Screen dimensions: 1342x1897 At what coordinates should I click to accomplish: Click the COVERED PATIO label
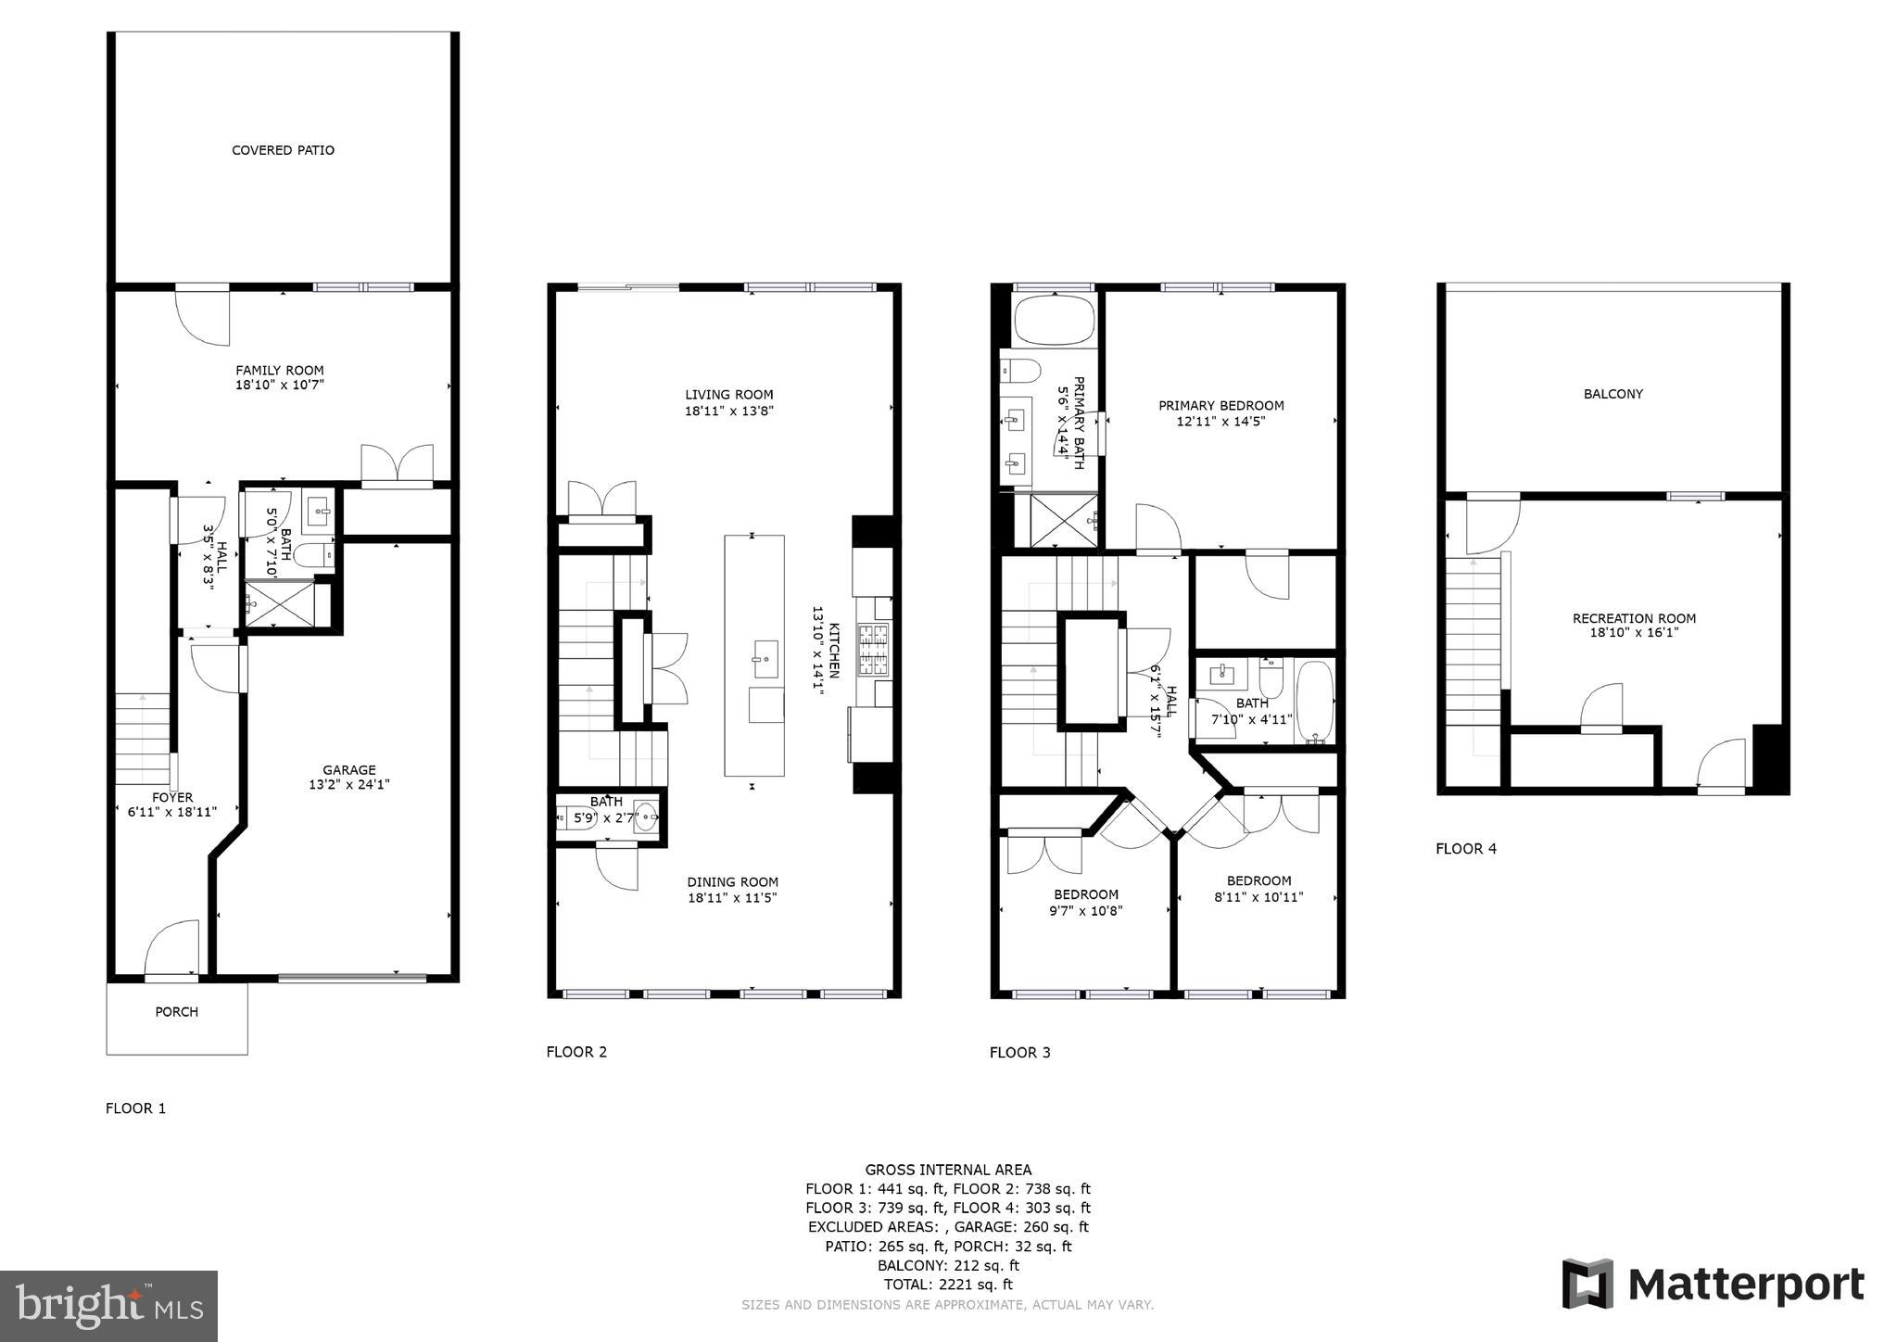[x=283, y=150]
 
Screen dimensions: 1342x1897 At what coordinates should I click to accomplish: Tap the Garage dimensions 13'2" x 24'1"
[x=348, y=785]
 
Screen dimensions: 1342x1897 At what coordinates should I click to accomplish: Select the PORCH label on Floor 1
[x=176, y=1012]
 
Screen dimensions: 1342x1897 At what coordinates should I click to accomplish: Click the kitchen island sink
[x=765, y=659]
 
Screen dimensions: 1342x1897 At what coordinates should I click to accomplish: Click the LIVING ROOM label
[x=728, y=395]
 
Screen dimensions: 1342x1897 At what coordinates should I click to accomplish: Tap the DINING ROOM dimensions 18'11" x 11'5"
[x=732, y=898]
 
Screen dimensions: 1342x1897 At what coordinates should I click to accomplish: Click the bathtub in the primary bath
[x=1055, y=321]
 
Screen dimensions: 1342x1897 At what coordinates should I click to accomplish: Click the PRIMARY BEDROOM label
[x=1220, y=406]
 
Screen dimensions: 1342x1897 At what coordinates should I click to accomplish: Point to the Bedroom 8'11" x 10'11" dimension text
[x=1258, y=897]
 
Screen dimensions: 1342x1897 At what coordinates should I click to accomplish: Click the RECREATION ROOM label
[x=1634, y=618]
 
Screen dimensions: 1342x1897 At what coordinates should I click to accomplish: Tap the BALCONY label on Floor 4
[x=1612, y=394]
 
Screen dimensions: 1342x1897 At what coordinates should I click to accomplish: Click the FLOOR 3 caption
[x=1019, y=1052]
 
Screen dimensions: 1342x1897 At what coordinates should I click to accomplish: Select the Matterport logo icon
[x=1587, y=1285]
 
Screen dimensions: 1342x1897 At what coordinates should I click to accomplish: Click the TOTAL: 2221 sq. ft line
[x=948, y=1285]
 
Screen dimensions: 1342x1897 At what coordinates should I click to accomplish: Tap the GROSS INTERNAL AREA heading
[x=948, y=1170]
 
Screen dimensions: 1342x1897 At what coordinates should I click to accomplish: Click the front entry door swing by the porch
[x=172, y=949]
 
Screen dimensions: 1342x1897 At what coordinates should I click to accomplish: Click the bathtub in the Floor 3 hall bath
[x=1314, y=702]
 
